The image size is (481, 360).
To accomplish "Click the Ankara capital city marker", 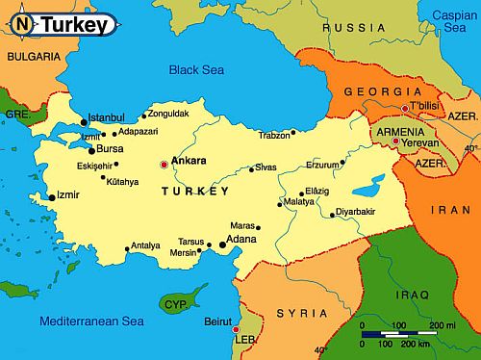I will click(x=164, y=165).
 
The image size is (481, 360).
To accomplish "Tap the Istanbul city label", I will click(x=107, y=118).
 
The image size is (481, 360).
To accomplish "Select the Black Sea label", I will click(x=195, y=69).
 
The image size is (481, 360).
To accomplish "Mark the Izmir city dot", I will click(x=52, y=197).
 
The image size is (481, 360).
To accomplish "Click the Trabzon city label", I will click(x=273, y=136).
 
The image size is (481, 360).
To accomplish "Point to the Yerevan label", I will click(x=419, y=142).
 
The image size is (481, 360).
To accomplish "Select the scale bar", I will click(x=409, y=336).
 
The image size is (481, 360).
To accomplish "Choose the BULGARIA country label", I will click(x=33, y=57).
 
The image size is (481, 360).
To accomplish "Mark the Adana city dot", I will click(x=223, y=245).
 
